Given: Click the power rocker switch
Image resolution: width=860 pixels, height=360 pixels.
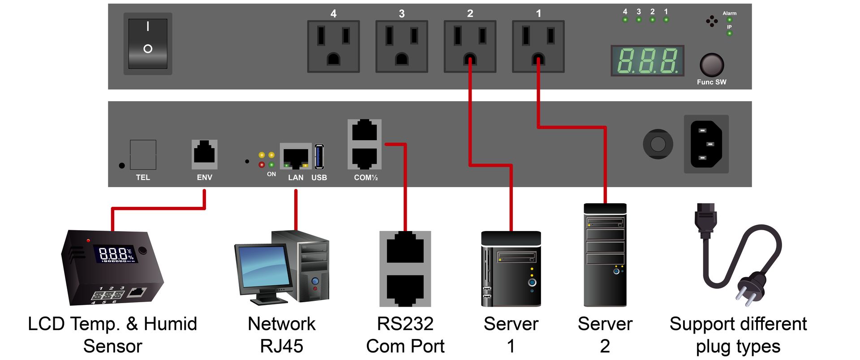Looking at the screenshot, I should (148, 43).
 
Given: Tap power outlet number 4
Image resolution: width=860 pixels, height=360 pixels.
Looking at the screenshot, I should (333, 46).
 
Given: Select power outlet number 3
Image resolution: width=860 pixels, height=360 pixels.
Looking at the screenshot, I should (401, 46).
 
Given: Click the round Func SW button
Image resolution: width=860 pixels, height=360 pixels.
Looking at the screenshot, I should (711, 65).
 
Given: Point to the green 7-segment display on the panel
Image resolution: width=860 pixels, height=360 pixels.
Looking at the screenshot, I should (647, 60).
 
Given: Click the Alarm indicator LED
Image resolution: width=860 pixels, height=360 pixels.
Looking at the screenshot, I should (729, 20).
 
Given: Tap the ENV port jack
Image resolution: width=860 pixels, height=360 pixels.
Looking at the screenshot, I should (204, 154).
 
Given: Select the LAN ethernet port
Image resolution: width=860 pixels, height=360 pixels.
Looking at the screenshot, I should (296, 157).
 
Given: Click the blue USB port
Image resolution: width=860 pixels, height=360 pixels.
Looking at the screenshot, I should (319, 156).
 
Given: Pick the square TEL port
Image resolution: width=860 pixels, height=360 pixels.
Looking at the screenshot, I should (143, 154).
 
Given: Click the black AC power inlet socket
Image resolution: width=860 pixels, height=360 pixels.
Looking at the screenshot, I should (706, 144).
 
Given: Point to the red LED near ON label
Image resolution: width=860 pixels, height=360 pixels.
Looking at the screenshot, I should (262, 165).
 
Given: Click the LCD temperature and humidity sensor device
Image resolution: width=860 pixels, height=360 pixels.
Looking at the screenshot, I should (112, 267).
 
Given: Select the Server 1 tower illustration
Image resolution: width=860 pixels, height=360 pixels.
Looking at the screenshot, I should (511, 269).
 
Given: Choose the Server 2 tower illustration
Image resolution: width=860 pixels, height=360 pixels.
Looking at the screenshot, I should (605, 255).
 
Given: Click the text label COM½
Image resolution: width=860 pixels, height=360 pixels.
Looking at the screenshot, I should (365, 178).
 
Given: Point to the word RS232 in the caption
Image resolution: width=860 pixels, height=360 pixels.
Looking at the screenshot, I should (405, 324).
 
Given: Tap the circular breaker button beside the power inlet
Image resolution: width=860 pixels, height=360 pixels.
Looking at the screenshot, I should (658, 144).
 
